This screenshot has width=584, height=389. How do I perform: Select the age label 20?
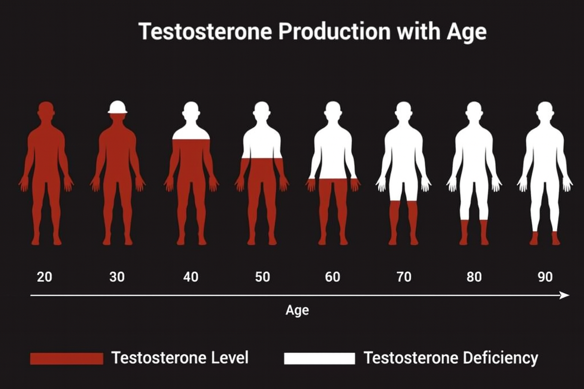(44, 277)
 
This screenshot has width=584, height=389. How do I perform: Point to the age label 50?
(262, 277)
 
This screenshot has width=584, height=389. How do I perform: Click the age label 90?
(545, 277)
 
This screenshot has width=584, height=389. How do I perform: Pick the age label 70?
(404, 277)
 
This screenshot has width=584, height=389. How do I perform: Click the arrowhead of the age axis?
(565, 295)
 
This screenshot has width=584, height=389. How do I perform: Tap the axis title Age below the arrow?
(297, 310)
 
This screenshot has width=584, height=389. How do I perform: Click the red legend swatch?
(67, 358)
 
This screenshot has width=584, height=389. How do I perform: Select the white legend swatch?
(319, 358)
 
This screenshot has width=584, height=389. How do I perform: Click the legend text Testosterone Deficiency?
(451, 358)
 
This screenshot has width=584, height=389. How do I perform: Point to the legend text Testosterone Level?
(180, 358)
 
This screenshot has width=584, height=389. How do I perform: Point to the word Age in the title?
(467, 32)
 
